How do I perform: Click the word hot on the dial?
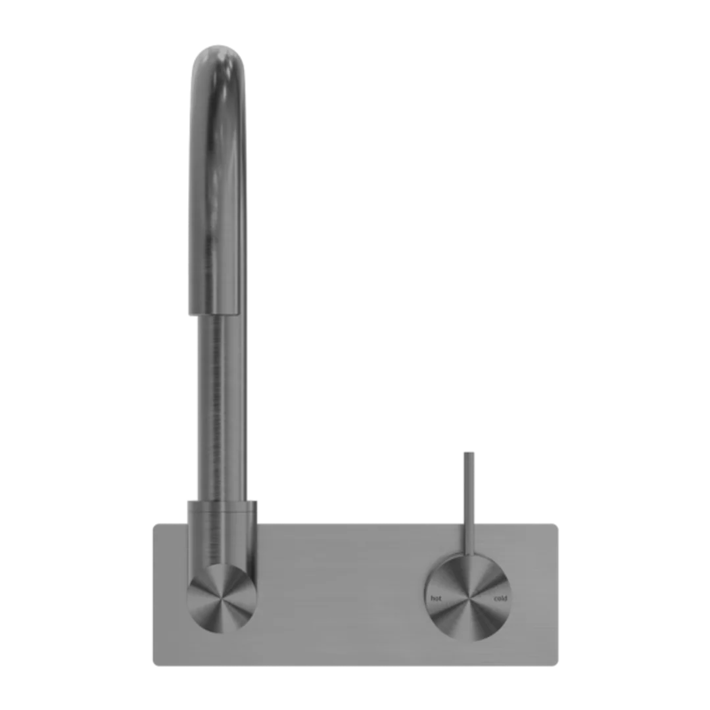436,599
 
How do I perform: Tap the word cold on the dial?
500,599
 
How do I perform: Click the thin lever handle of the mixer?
469,504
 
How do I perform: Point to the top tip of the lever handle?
469,452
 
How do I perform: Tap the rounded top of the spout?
218,57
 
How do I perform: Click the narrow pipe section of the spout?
222,408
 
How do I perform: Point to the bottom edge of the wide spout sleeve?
215,313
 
